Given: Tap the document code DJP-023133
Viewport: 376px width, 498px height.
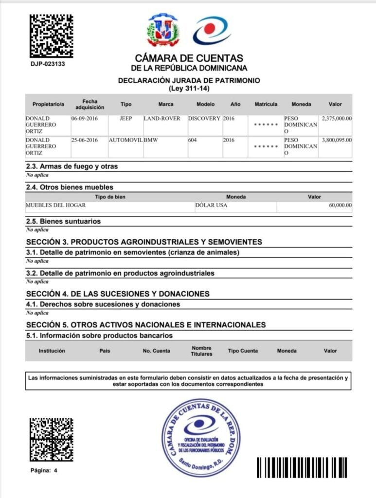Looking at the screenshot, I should (x=48, y=64).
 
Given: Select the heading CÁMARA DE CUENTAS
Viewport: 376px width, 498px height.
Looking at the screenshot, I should (x=189, y=58).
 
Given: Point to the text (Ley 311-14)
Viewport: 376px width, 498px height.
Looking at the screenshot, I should (x=189, y=89).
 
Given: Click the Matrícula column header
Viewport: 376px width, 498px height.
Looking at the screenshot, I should (x=266, y=104).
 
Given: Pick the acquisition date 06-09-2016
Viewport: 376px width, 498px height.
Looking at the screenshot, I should (x=85, y=118).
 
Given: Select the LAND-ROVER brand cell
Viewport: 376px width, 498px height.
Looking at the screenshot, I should (x=162, y=118).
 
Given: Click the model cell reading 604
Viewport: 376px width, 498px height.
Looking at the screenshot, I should (x=194, y=140).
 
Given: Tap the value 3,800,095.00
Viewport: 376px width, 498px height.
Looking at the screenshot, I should (x=337, y=140).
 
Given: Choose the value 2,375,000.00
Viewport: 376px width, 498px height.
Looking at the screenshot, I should (x=337, y=118).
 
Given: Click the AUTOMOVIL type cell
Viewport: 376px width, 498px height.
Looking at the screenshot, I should (x=125, y=140).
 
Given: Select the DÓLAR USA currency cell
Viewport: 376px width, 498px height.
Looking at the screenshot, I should (x=211, y=205).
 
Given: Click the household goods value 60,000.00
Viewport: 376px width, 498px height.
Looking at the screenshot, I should (x=340, y=205).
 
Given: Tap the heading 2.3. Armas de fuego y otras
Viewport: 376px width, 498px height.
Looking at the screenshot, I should (x=72, y=166).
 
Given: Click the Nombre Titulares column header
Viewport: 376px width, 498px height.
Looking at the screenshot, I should (x=201, y=351).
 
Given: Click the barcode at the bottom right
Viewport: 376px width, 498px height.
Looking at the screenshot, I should (x=302, y=467).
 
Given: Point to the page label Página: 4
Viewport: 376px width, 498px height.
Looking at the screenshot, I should (x=44, y=471).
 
